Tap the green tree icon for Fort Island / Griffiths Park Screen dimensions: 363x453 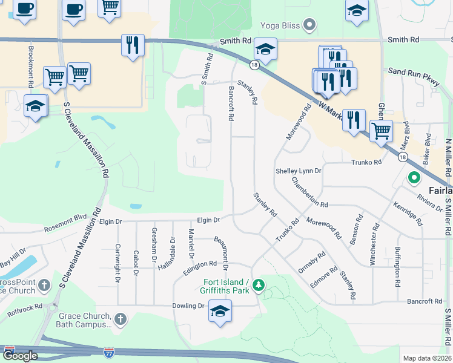[x=259, y=284]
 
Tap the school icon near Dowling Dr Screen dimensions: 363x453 [x=219, y=312]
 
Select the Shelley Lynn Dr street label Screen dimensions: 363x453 [x=299, y=171]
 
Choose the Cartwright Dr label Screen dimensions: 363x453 [x=117, y=263]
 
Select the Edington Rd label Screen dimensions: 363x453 [x=200, y=264]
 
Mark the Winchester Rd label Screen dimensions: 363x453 [x=374, y=244]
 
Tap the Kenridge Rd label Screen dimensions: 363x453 [x=408, y=214]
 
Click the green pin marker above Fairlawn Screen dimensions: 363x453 [x=414, y=178]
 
